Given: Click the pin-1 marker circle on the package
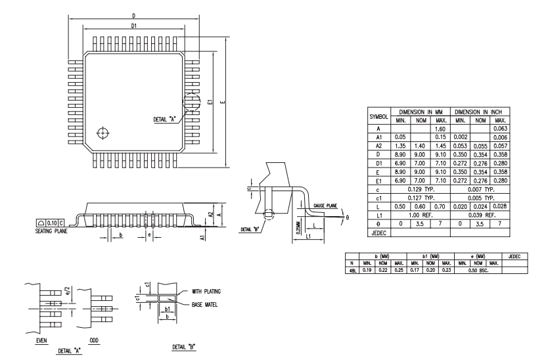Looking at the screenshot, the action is point(103,133).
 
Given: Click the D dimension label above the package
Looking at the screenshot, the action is point(133,16).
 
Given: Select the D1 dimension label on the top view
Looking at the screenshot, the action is point(134,26).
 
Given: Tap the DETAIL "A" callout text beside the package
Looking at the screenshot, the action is point(164,119).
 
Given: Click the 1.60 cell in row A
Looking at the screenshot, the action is point(440,129).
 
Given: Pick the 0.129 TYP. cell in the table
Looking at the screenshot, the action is point(421,189).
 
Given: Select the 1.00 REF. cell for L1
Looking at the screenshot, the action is point(421,215).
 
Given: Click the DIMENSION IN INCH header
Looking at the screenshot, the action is point(478,112).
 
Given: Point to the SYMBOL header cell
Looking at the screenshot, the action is point(379,117).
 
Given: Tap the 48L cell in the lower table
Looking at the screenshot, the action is point(352,270).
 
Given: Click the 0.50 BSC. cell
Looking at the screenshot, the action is point(478,270).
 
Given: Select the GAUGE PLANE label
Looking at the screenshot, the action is point(325,206).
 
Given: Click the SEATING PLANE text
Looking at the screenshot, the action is point(51,231).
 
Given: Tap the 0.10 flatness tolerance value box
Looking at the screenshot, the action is point(52,223).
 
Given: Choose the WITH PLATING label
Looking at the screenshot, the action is point(206,291).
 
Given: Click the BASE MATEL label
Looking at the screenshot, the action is point(204,305).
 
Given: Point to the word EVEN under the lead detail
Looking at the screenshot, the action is point(41,340).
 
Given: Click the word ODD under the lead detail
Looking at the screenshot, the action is point(94,340).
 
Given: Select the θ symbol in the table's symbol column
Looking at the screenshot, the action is point(378,224).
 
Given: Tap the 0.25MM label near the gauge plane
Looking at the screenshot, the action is point(298,227).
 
